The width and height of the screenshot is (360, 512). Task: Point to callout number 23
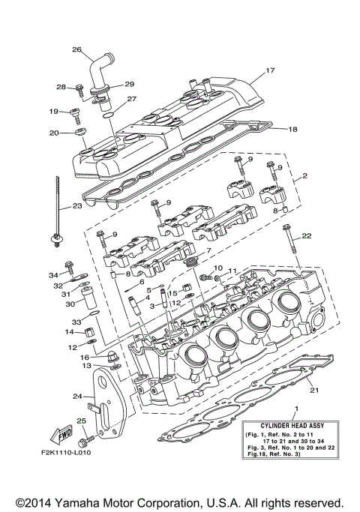pyautogui.click(x=77, y=205)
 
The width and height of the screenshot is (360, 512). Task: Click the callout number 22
pyautogui.click(x=306, y=236)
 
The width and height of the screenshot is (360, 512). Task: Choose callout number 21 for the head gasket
pyautogui.click(x=314, y=390)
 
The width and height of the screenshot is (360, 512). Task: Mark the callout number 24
pyautogui.click(x=76, y=397)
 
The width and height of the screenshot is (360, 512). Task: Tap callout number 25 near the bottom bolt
pyautogui.click(x=81, y=421)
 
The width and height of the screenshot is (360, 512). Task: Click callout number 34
pyautogui.click(x=53, y=275)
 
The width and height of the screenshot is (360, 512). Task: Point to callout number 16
pyautogui.click(x=85, y=357)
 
